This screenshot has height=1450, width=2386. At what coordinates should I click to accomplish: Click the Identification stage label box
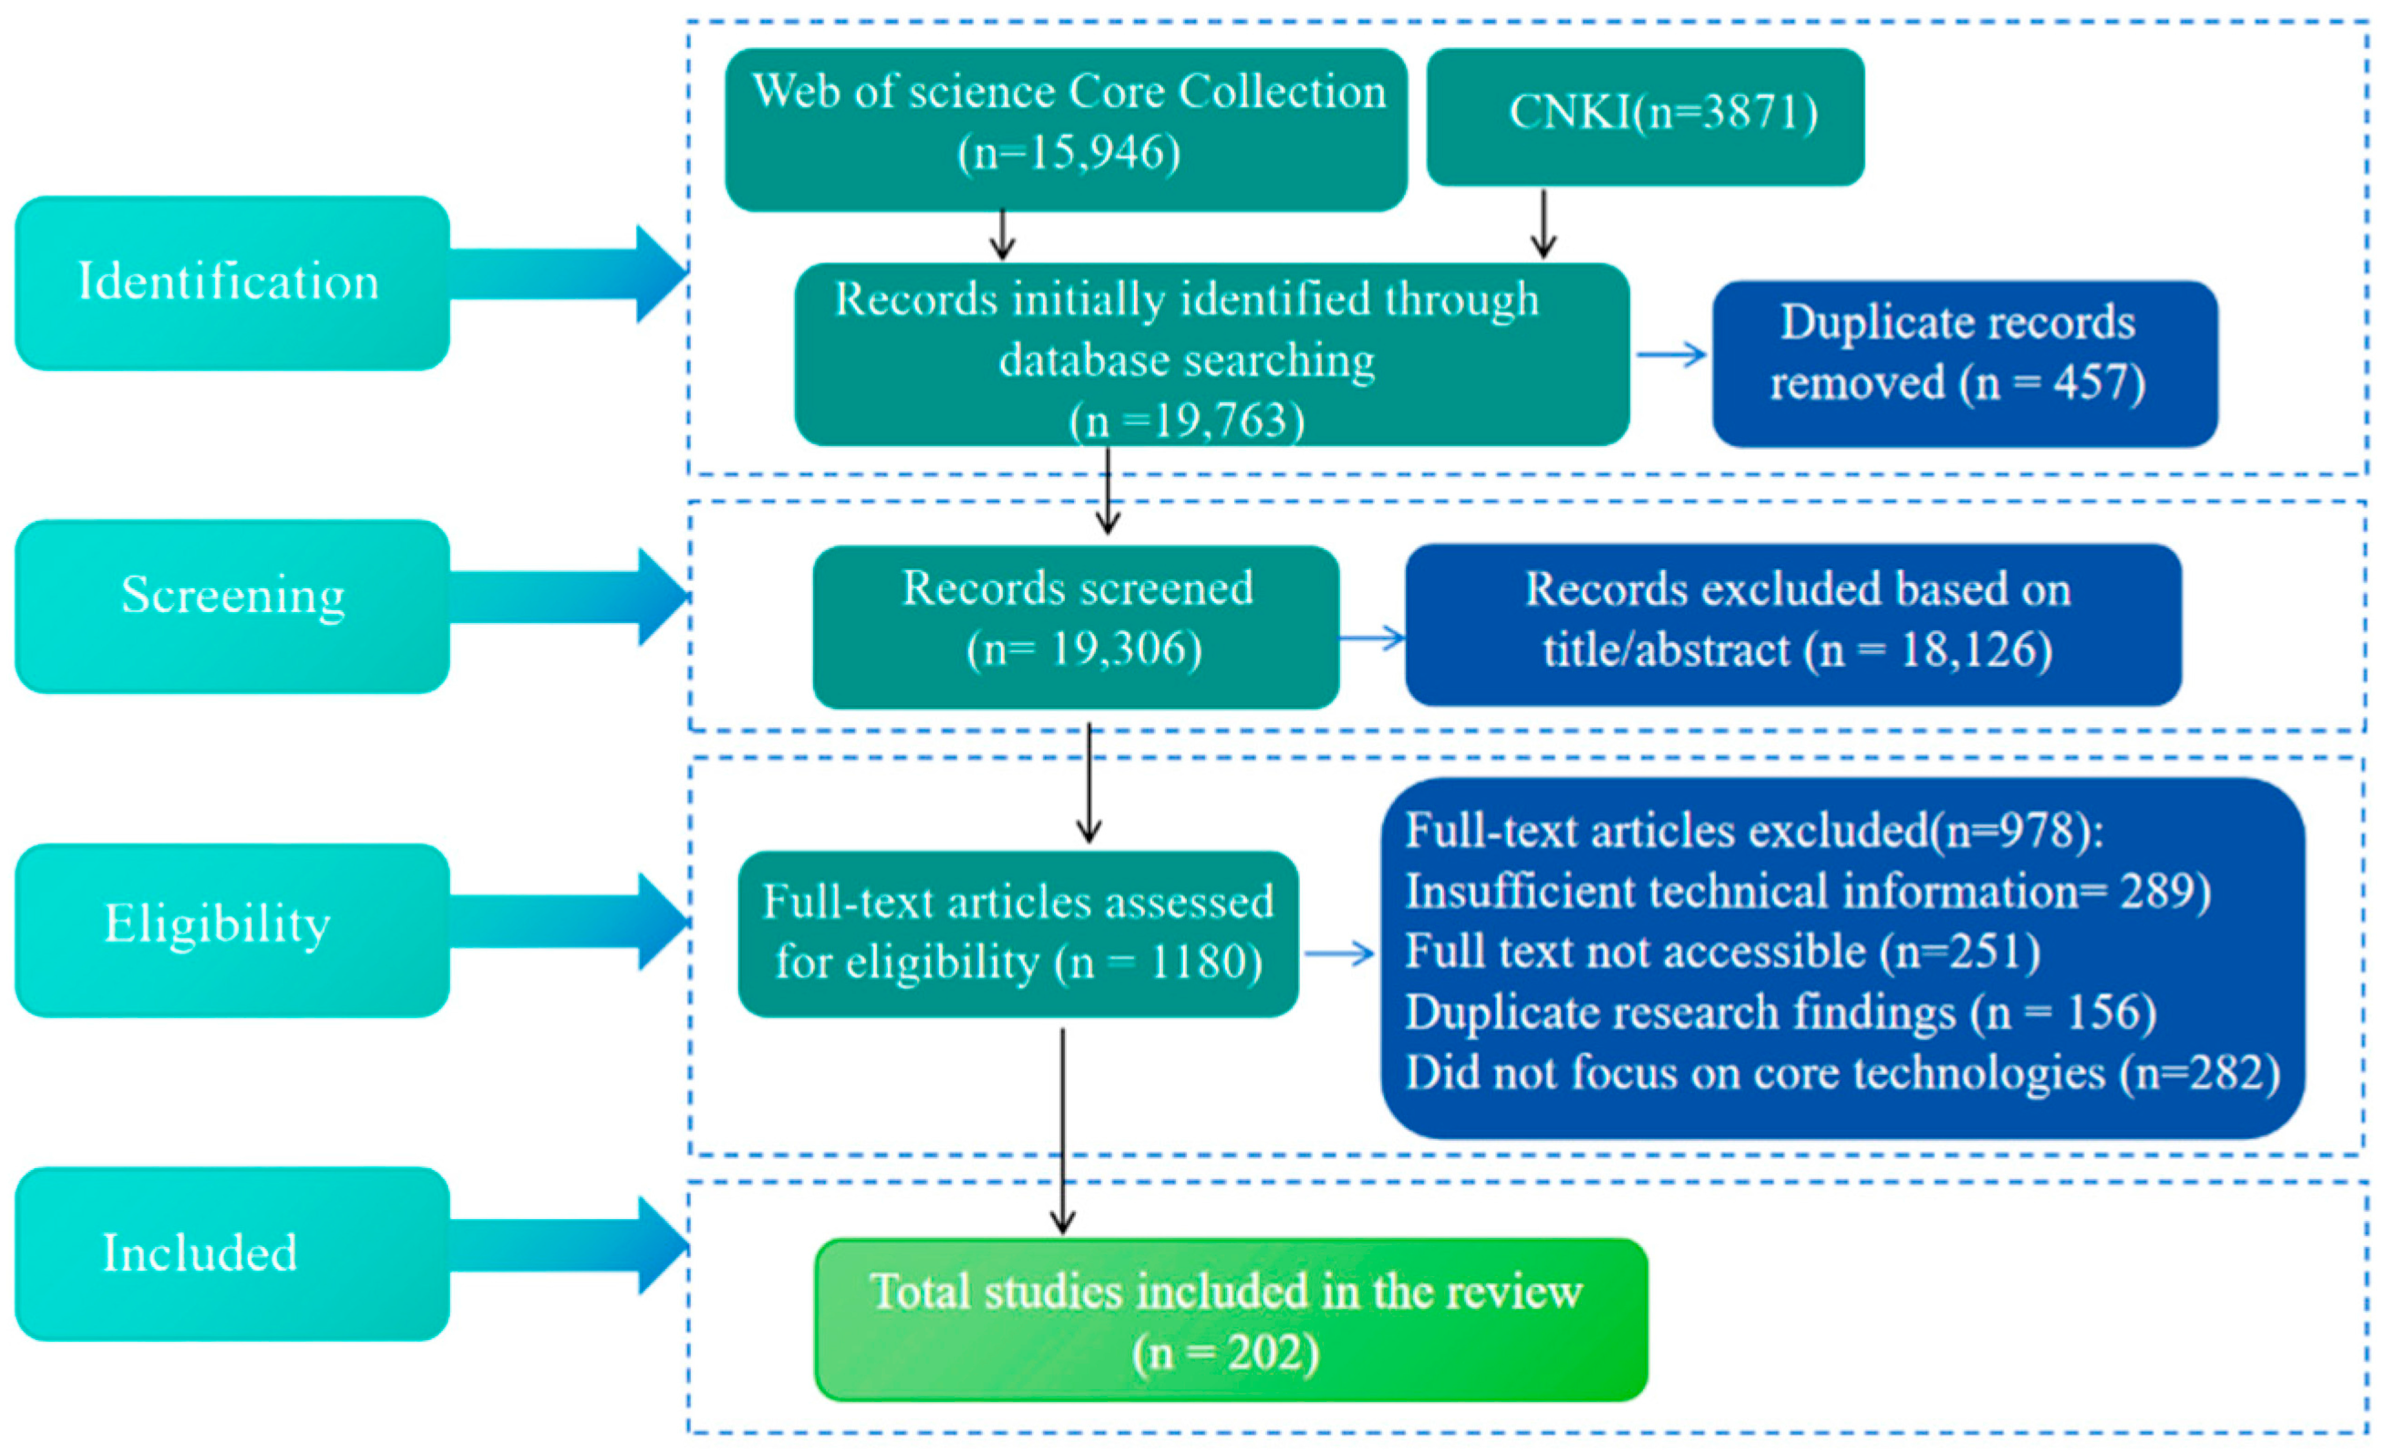point(232,283)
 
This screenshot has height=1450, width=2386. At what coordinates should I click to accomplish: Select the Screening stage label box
point(232,606)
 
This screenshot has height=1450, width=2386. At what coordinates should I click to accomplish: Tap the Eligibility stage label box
point(232,930)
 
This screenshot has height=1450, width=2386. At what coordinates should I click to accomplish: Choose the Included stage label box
point(232,1253)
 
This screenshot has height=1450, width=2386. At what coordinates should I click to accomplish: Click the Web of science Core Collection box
point(1066,130)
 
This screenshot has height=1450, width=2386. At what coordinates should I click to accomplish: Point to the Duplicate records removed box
point(1965,364)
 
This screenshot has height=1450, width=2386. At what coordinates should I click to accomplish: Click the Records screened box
point(1076,627)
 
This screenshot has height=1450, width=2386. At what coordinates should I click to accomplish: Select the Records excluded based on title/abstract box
point(1793,625)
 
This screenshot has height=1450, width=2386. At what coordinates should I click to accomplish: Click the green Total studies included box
point(1231,1319)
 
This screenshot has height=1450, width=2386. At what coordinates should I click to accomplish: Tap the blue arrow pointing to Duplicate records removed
point(1671,354)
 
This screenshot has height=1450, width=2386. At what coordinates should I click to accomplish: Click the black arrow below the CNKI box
point(1544,224)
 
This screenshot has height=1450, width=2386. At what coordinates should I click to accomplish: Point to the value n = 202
point(1226,1353)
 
